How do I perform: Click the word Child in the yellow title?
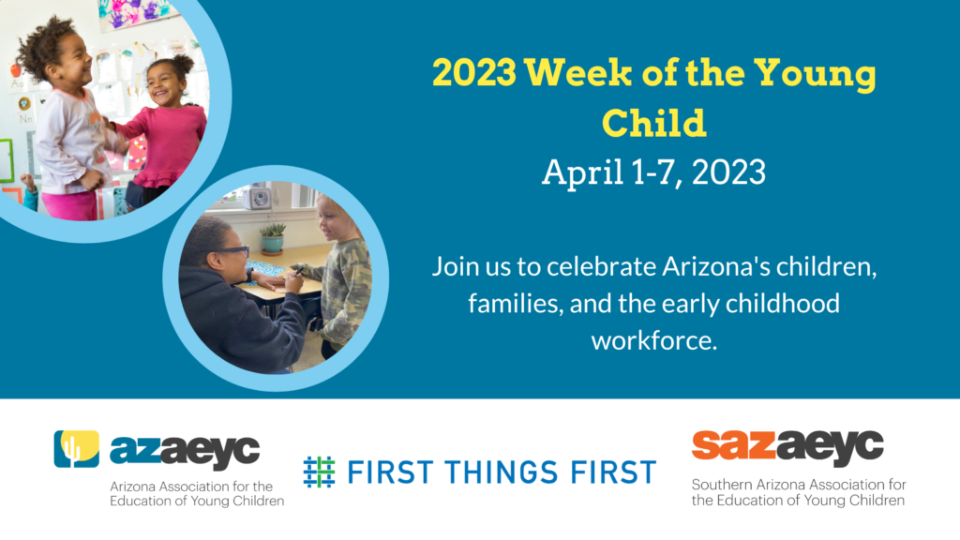653,123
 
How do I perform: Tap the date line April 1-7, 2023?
653,172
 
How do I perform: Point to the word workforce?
653,340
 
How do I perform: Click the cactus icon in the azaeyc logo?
77,449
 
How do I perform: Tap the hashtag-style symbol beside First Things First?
319,472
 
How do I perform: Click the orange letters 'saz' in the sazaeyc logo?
733,445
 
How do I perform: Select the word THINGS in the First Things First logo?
502,472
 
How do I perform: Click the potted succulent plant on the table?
273,237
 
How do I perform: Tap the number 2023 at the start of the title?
474,73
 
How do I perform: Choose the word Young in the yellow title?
815,74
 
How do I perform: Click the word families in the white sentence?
516,305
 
